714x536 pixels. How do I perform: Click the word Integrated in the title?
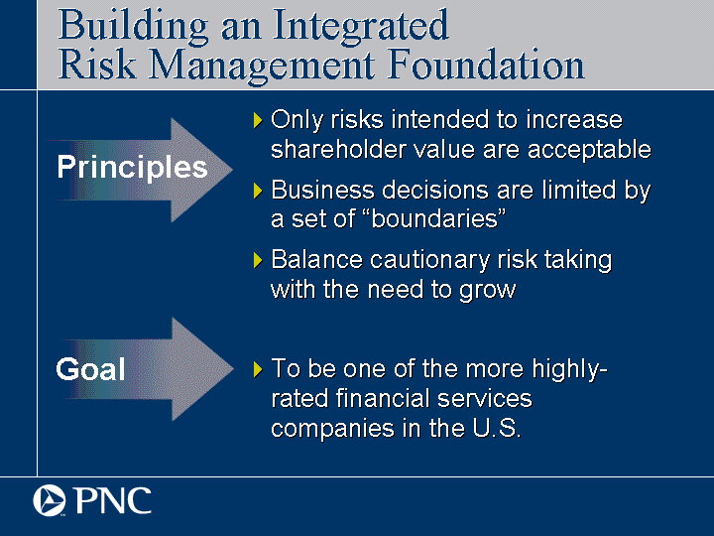point(361,28)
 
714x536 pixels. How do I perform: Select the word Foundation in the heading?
point(486,65)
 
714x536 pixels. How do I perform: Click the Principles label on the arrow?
point(132,168)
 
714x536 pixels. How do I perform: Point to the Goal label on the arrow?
point(90,368)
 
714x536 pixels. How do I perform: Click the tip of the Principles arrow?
point(233,170)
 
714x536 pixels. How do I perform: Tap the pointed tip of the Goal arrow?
point(233,368)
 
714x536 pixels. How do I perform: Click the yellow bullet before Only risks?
point(258,120)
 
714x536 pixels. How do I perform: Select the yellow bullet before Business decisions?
point(258,191)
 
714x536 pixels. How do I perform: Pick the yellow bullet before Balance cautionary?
point(258,260)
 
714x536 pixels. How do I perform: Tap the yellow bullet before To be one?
point(258,369)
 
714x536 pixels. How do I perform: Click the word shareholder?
point(338,149)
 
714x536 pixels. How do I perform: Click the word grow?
point(487,290)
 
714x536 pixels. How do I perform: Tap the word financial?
point(383,398)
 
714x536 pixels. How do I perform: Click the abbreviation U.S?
point(497,428)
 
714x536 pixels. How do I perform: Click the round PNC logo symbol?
point(50,500)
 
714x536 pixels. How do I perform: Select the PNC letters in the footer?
point(113,500)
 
